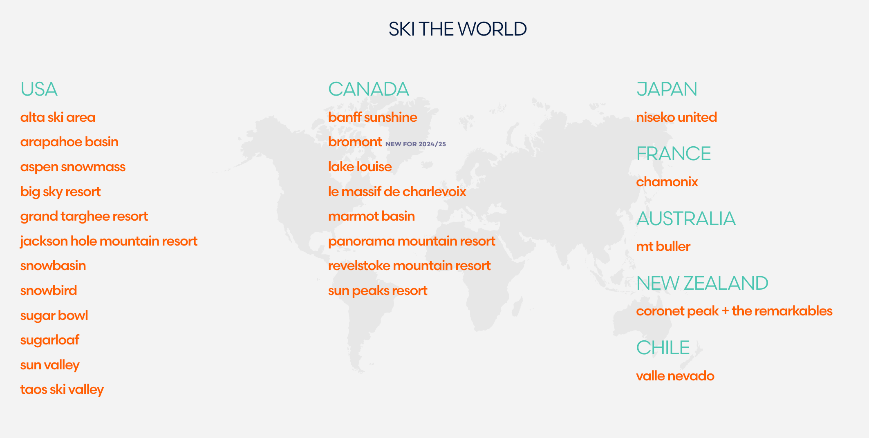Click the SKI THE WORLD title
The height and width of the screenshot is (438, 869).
(x=457, y=29)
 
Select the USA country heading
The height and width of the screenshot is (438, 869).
(x=39, y=89)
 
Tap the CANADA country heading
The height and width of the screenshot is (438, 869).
(x=368, y=89)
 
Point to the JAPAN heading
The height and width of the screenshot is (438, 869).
(x=667, y=89)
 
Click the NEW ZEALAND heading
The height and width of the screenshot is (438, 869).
(x=702, y=283)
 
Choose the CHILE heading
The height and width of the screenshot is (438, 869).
(x=663, y=348)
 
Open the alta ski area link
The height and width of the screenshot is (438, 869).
(x=58, y=117)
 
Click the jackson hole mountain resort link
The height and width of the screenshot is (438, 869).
(x=109, y=241)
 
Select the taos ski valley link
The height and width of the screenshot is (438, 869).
(x=62, y=390)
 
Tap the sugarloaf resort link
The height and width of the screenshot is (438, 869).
(x=50, y=340)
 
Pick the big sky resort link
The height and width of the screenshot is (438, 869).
(x=60, y=192)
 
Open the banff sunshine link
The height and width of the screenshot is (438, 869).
(x=373, y=117)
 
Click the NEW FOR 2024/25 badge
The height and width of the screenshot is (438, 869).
(x=416, y=144)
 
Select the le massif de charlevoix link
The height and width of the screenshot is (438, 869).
(x=397, y=192)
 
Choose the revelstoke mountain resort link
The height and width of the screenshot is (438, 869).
(x=409, y=266)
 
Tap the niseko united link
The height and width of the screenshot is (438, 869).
(x=676, y=117)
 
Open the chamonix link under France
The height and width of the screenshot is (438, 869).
(x=667, y=182)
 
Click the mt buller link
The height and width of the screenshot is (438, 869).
(x=663, y=246)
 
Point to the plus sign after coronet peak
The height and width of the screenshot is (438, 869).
(x=725, y=311)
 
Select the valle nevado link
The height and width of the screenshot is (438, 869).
(x=675, y=376)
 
